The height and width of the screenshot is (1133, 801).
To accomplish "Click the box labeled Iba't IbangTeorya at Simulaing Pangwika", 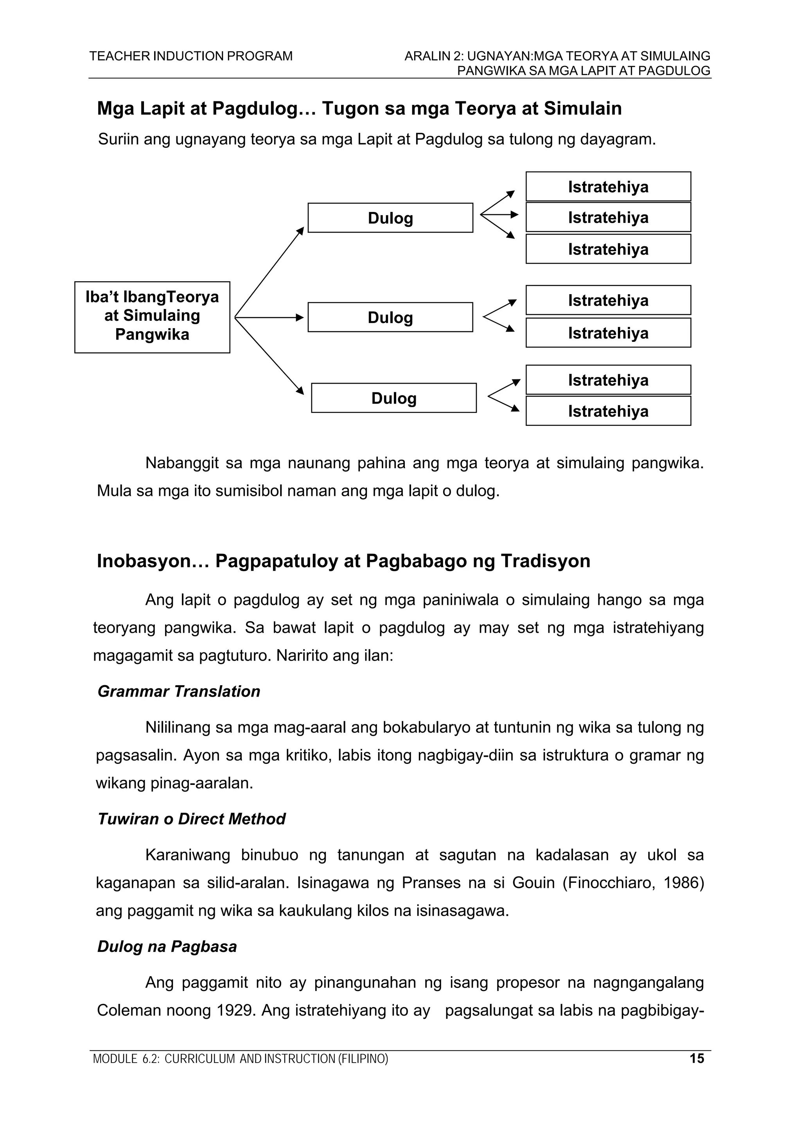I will tap(152, 317).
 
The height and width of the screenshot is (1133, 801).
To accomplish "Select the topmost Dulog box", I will tap(390, 217).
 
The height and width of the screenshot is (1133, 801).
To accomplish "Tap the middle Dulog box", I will tap(390, 317).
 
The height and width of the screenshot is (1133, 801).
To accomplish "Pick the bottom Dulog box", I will tap(393, 398).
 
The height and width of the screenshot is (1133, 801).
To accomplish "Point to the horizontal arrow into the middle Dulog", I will tap(269, 317).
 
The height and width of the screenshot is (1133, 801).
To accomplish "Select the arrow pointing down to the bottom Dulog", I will tap(269, 356).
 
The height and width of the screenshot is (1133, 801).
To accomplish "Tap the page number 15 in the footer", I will tap(696, 1058).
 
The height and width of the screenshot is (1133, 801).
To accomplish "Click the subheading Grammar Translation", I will tap(179, 691).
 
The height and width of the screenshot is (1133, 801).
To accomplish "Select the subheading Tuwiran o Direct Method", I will tap(191, 819).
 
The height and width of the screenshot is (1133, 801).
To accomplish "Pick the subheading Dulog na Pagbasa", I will tap(167, 946).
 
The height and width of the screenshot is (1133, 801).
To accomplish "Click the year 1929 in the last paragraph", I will tap(235, 1010).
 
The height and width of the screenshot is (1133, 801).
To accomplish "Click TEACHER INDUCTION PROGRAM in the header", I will tap(190, 56).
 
